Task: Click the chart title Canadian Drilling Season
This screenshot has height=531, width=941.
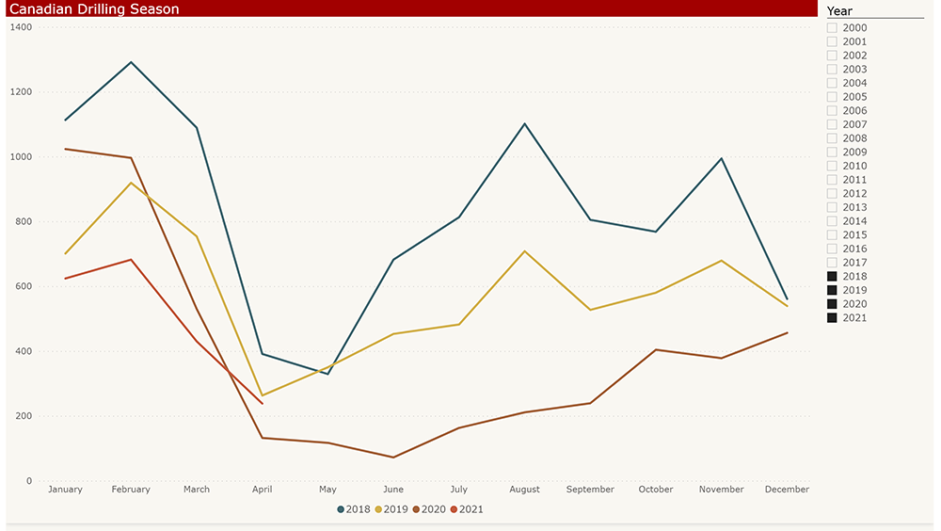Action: pyautogui.click(x=94, y=8)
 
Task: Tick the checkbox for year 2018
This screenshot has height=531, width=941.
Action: pyautogui.click(x=832, y=277)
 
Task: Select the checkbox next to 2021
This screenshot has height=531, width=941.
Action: pyautogui.click(x=832, y=318)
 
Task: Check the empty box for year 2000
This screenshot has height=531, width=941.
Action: pyautogui.click(x=832, y=28)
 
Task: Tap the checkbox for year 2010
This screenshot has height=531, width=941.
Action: pyautogui.click(x=832, y=167)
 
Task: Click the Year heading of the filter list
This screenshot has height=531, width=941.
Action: pyautogui.click(x=839, y=11)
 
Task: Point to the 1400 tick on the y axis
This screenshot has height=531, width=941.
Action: pyautogui.click(x=21, y=27)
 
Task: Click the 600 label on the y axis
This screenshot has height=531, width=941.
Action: pyautogui.click(x=24, y=286)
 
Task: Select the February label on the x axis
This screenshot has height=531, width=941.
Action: pyautogui.click(x=131, y=490)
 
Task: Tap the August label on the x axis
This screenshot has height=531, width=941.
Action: pyautogui.click(x=524, y=490)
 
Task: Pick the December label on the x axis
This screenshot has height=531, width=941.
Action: pyautogui.click(x=787, y=490)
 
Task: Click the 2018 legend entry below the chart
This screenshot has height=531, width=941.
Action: pyautogui.click(x=354, y=509)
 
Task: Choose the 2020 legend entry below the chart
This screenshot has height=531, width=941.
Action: pyautogui.click(x=429, y=509)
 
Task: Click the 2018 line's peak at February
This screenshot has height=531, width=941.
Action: pyautogui.click(x=131, y=62)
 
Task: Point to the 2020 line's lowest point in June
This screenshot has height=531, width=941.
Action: pyautogui.click(x=393, y=458)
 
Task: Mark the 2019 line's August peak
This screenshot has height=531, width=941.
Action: pyautogui.click(x=524, y=251)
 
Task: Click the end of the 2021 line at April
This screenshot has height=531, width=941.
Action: pyautogui.click(x=262, y=404)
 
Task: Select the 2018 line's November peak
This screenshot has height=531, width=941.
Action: pyautogui.click(x=721, y=158)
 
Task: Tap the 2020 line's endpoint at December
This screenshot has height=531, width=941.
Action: pyautogui.click(x=787, y=332)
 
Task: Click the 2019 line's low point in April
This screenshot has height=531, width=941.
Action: pyautogui.click(x=262, y=395)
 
